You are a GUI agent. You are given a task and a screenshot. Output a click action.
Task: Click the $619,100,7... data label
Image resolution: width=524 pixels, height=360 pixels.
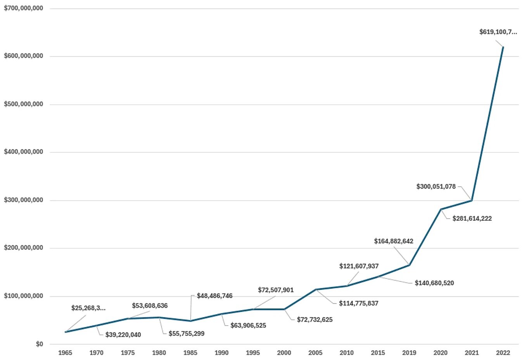tap(498, 32)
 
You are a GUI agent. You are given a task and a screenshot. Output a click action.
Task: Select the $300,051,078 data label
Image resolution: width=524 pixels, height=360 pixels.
tap(436, 187)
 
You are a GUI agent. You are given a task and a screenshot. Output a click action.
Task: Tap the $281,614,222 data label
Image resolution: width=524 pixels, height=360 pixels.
tap(472, 218)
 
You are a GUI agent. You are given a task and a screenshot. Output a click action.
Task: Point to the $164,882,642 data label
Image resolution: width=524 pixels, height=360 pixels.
tap(394, 241)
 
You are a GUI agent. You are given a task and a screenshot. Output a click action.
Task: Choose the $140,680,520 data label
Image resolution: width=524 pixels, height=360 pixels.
tap(434, 283)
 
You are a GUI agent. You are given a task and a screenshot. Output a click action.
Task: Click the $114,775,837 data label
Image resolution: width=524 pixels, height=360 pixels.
tap(358, 303)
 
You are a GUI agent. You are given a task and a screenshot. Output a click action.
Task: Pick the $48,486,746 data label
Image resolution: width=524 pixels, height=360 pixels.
tap(214, 296)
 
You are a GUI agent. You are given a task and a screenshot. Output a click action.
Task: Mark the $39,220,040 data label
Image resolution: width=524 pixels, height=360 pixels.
tap(123, 335)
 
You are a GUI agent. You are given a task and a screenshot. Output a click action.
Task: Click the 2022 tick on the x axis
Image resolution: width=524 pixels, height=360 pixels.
tap(503, 353)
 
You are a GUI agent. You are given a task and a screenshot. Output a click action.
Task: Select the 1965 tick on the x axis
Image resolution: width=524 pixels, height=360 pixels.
tap(65, 353)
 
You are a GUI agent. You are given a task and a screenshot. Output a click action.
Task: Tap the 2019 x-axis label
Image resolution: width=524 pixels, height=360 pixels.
tap(409, 353)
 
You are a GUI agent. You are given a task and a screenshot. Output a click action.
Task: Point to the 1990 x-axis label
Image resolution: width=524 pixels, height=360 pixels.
tap(221, 353)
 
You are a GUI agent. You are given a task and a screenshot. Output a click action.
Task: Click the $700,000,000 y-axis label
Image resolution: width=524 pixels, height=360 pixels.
tap(23, 8)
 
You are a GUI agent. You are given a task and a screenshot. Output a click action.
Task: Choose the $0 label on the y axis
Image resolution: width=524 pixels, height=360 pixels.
tap(39, 344)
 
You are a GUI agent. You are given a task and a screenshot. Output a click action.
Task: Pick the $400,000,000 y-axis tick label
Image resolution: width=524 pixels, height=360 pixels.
tap(23, 152)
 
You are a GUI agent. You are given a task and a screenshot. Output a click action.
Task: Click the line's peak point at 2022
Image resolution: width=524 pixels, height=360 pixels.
tap(503, 47)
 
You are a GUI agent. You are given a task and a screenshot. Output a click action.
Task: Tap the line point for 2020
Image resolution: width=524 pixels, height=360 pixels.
tap(441, 209)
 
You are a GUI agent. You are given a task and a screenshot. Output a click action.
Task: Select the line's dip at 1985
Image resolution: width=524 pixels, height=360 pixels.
tap(190, 321)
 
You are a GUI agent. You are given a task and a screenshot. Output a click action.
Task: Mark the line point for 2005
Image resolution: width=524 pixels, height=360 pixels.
tap(316, 289)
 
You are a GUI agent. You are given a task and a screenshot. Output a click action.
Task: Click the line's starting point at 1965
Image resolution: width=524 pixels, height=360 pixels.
tap(65, 332)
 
